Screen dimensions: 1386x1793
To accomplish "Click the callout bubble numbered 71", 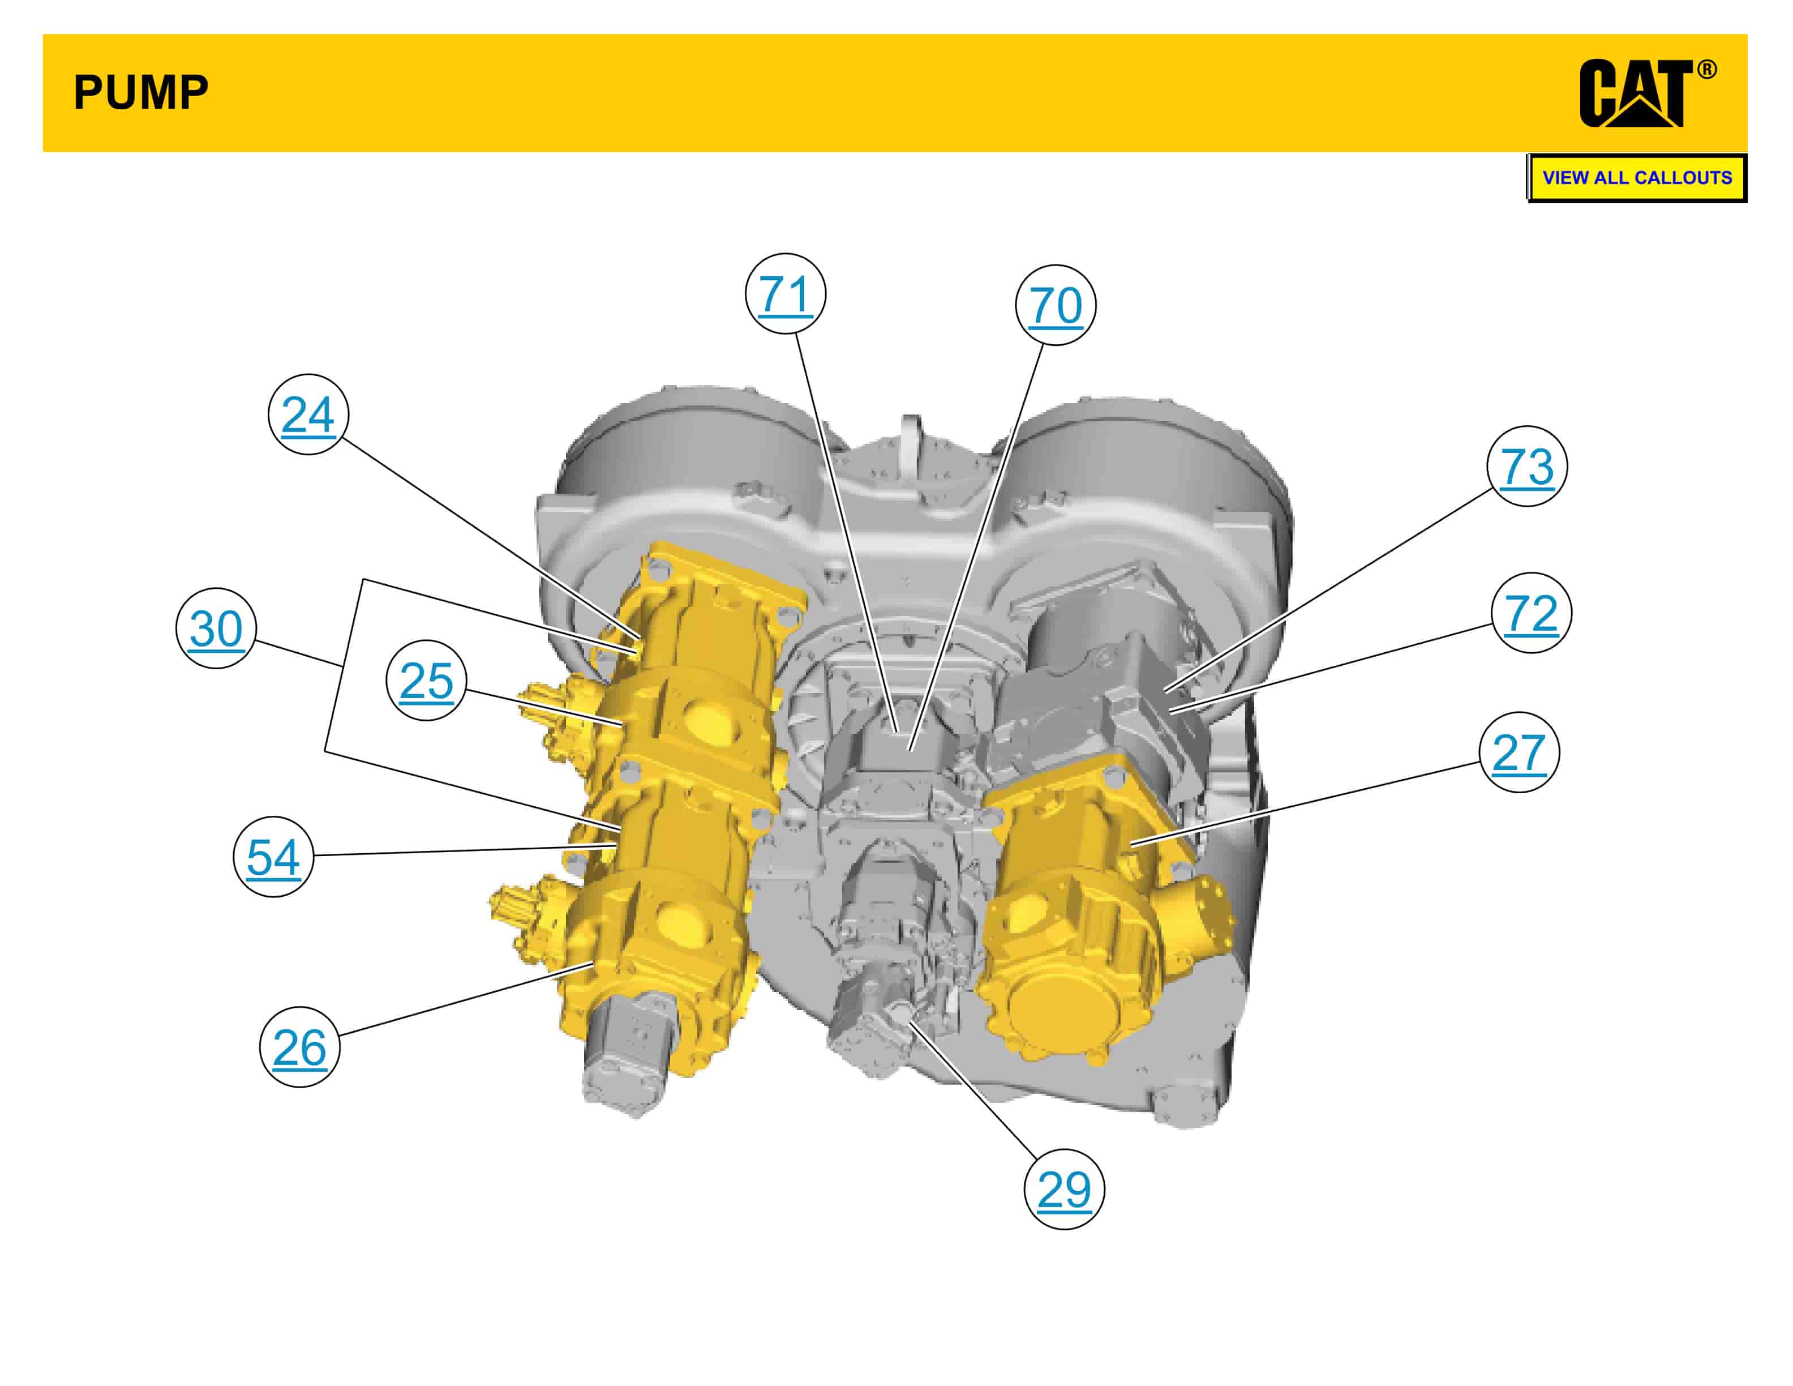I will [785, 294].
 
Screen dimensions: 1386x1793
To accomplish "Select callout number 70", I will [1055, 305].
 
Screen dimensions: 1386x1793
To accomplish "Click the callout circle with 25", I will [426, 680].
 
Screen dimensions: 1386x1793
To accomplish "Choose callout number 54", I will [273, 857].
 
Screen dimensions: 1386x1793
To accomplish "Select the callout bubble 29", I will [1064, 1189].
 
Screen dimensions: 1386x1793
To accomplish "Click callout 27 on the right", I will [1519, 752].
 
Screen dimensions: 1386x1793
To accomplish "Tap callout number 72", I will [1531, 613].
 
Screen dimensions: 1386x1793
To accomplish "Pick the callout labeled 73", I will [1527, 467].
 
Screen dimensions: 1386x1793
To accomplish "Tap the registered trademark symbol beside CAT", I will [1707, 70].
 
